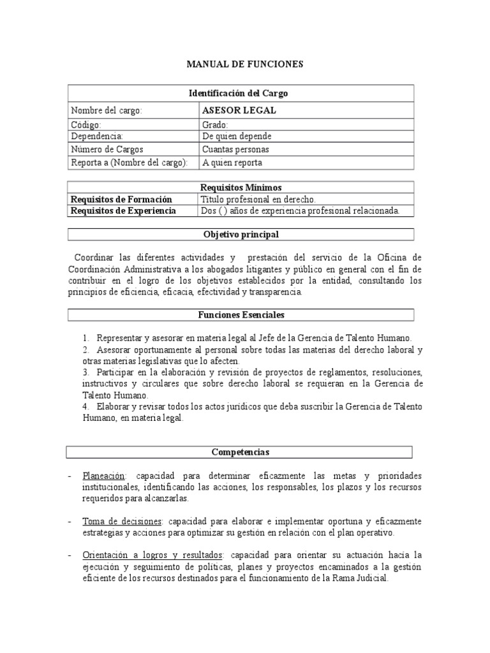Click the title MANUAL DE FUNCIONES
245,64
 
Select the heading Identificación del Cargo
239,93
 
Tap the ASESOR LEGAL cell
239,110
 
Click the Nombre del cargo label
106,110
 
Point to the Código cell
86,126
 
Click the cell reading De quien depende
236,136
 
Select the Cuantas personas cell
235,149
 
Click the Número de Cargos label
107,149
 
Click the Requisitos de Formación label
121,199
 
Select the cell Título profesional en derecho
258,199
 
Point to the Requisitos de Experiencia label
122,210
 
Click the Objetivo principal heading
241,234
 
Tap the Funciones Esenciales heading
241,314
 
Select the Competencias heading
241,451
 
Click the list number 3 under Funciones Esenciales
85,372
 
